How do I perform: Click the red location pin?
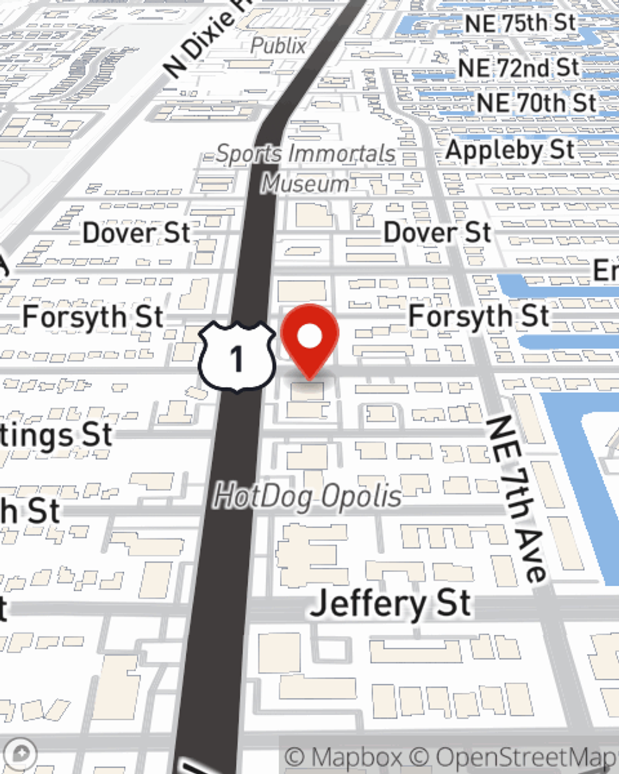click(309, 338)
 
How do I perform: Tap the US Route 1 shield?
click(236, 357)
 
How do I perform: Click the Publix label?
click(279, 45)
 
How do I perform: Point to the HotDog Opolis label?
click(308, 497)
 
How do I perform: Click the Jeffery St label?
click(391, 604)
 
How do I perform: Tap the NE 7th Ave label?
click(517, 498)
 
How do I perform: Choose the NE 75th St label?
click(520, 24)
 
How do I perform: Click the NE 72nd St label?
click(518, 67)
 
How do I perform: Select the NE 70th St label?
click(536, 103)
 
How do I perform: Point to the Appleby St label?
click(510, 150)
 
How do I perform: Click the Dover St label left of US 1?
click(137, 233)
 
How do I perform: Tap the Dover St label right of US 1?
click(437, 233)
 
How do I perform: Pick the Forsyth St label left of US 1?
click(93, 317)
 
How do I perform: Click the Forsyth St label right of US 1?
click(478, 316)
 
